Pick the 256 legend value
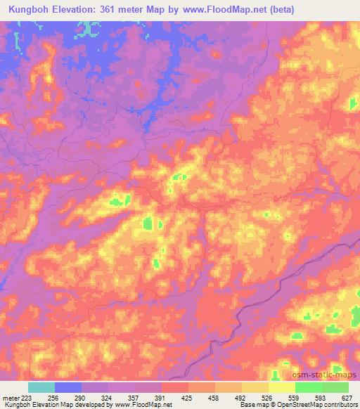[x=52, y=397]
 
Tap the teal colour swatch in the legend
[x=41, y=387]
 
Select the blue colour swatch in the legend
[x=68, y=387]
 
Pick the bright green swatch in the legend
[x=309, y=387]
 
